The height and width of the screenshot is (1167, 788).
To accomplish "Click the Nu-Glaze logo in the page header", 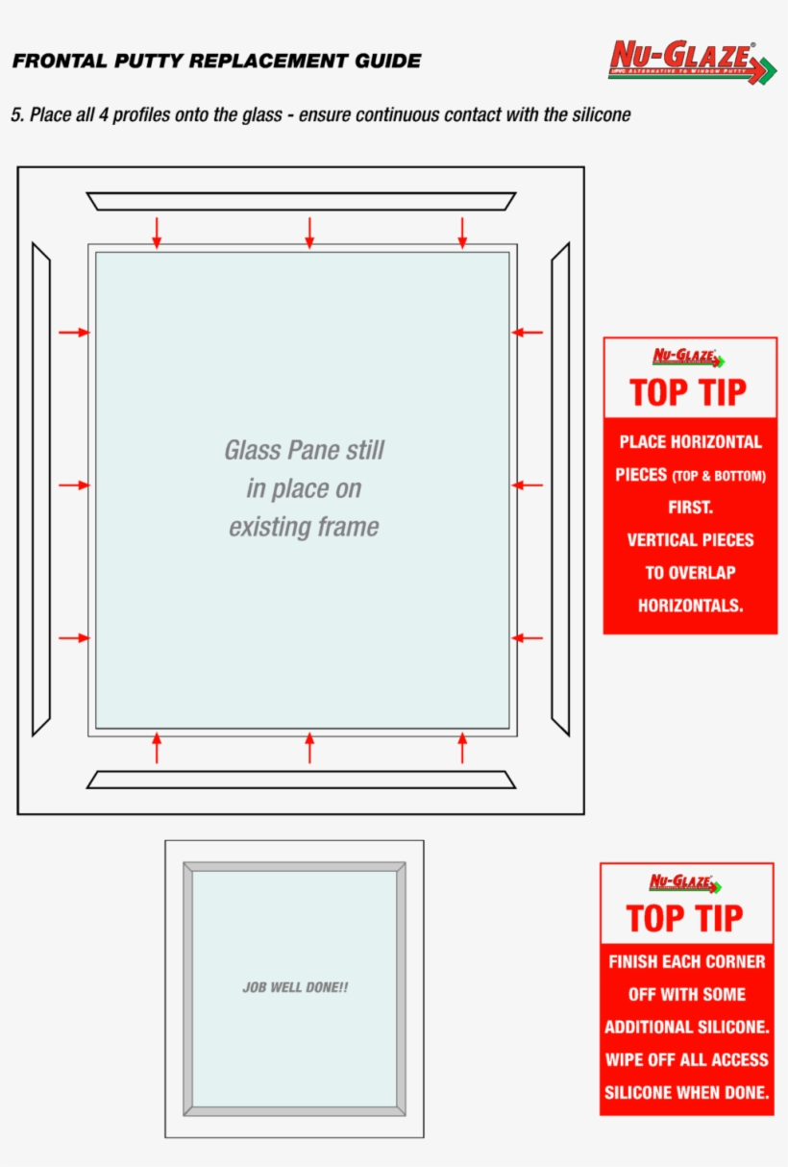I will coord(691,62).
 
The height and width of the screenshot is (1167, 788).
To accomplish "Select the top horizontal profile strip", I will coord(301,201).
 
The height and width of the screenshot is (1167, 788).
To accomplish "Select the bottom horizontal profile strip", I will coord(301,780).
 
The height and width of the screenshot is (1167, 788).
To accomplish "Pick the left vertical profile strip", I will coord(40,489).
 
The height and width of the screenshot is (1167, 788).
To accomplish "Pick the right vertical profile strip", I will coord(560,489).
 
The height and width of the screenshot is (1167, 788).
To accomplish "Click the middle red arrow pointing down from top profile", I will coord(309,233).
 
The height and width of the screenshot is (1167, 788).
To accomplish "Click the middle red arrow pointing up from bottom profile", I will coord(309,748).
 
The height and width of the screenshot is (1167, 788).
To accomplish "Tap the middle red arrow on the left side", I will coord(74,485).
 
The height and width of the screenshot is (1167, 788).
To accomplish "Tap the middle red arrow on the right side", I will coord(528,485).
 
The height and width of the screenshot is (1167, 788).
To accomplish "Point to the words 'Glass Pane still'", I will coord(304,450).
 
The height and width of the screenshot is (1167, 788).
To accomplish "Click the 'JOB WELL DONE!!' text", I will coord(295,987).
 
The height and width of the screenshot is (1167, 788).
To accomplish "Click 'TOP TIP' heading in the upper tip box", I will coord(688,393).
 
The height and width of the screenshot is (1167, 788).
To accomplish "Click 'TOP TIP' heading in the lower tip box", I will coord(685,919).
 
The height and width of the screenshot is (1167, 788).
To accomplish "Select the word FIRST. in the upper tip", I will coord(690,508).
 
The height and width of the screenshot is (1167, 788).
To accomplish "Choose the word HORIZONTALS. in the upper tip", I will coord(690,606).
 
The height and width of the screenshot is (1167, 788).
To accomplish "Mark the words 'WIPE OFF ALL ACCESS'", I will coord(686,1059).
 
